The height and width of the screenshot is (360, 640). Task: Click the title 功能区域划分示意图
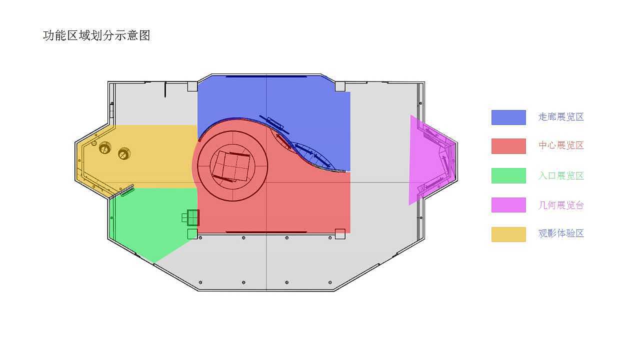96,35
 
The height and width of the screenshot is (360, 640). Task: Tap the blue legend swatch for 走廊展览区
508,117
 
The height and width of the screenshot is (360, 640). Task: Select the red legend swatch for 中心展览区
508,146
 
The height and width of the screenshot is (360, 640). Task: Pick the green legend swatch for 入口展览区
508,175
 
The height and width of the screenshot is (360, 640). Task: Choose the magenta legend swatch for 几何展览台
508,205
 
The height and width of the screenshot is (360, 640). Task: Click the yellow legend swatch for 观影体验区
508,234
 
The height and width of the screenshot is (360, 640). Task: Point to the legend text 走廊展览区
561,117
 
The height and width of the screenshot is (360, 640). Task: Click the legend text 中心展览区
561,145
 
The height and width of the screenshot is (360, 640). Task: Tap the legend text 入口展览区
561,175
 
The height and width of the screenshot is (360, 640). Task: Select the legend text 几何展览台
561,205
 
